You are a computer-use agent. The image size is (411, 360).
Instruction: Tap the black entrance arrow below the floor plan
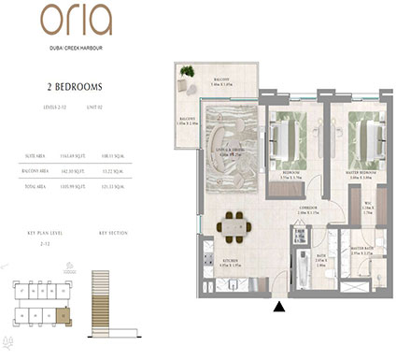(x=277, y=305)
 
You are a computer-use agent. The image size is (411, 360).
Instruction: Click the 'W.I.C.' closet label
(x=367, y=208)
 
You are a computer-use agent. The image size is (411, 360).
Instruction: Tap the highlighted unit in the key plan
(x=61, y=316)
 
